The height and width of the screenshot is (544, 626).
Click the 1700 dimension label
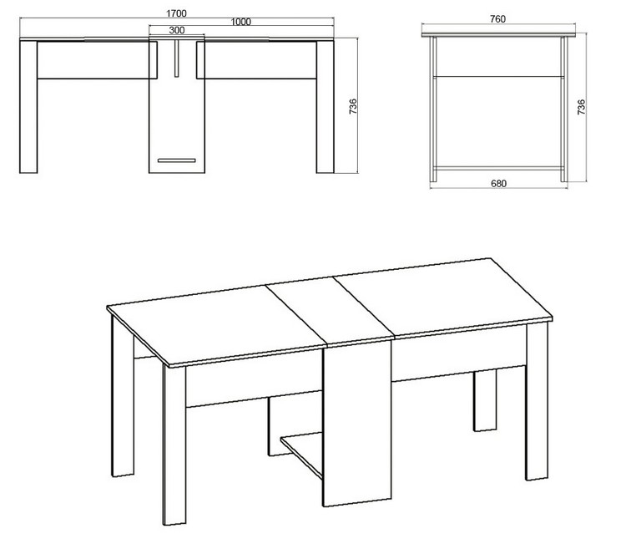click(176, 13)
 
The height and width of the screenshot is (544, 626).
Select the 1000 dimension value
click(240, 22)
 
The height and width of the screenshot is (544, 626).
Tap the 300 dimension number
click(176, 30)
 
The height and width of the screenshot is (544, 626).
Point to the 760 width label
click(497, 19)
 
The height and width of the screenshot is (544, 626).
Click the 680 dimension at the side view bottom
click(498, 184)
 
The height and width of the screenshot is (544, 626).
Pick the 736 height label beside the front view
click(353, 107)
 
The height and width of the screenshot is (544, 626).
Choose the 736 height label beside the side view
click(581, 107)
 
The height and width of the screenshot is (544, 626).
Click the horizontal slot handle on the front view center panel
click(176, 160)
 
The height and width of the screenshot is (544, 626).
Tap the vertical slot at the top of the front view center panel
click(176, 58)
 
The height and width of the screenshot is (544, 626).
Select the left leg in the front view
click(28, 107)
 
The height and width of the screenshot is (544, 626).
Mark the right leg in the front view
click(325, 107)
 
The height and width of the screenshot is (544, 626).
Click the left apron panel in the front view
click(97, 59)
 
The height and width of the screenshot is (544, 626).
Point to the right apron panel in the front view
click(256, 59)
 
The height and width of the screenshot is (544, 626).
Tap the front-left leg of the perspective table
click(174, 445)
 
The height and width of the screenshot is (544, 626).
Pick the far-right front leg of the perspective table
click(537, 401)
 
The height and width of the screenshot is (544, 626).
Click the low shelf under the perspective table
click(301, 454)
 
